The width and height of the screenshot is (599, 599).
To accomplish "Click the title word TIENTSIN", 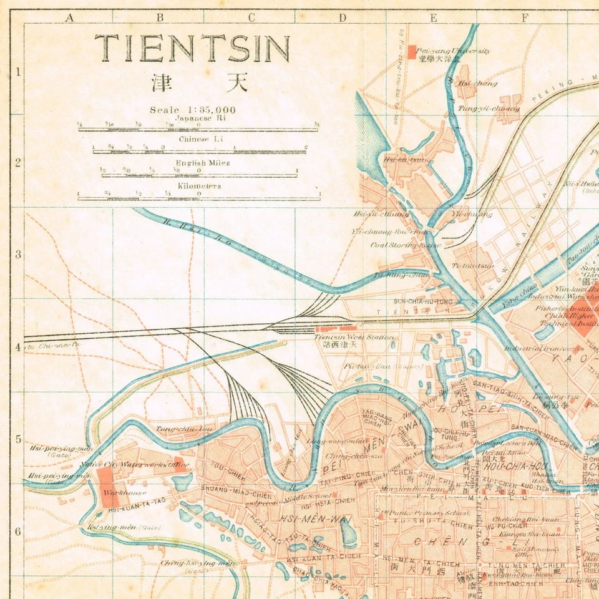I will point(192,49).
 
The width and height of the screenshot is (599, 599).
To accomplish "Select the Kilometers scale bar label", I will point(199,186).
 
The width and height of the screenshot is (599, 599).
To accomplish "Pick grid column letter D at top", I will point(342,17).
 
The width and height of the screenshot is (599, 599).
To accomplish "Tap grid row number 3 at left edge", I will point(18,255).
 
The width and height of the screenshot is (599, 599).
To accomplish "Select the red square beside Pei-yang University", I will point(411,52).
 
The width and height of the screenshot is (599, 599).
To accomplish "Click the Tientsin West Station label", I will point(354,337).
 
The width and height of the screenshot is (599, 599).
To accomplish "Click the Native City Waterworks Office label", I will point(135,464).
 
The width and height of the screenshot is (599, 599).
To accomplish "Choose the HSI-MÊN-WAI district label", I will point(304,519).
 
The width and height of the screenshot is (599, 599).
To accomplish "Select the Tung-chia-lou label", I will point(175,429).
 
